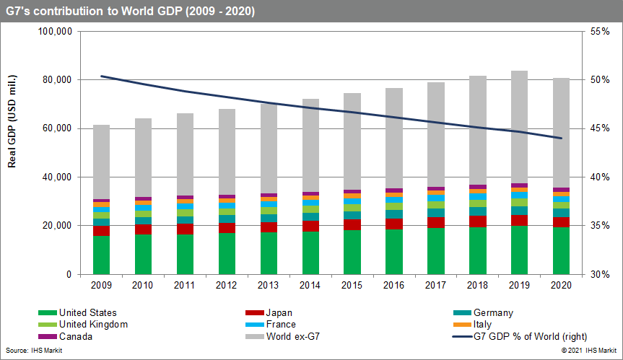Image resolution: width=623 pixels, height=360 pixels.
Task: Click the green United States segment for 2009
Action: [x=102, y=255]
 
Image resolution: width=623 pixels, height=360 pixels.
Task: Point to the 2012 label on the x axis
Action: [x=227, y=285]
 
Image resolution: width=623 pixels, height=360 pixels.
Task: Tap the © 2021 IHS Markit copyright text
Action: [x=585, y=351]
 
